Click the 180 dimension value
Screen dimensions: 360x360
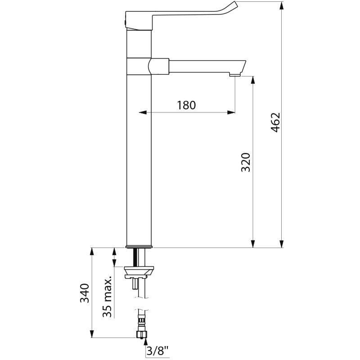186,105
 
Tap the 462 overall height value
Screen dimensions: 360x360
275,122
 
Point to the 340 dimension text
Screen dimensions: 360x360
85,294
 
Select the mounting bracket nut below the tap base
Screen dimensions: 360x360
139,271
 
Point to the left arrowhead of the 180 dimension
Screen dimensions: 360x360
141,112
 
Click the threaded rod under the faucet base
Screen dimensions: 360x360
135,257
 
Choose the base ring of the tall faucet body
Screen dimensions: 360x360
139,247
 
